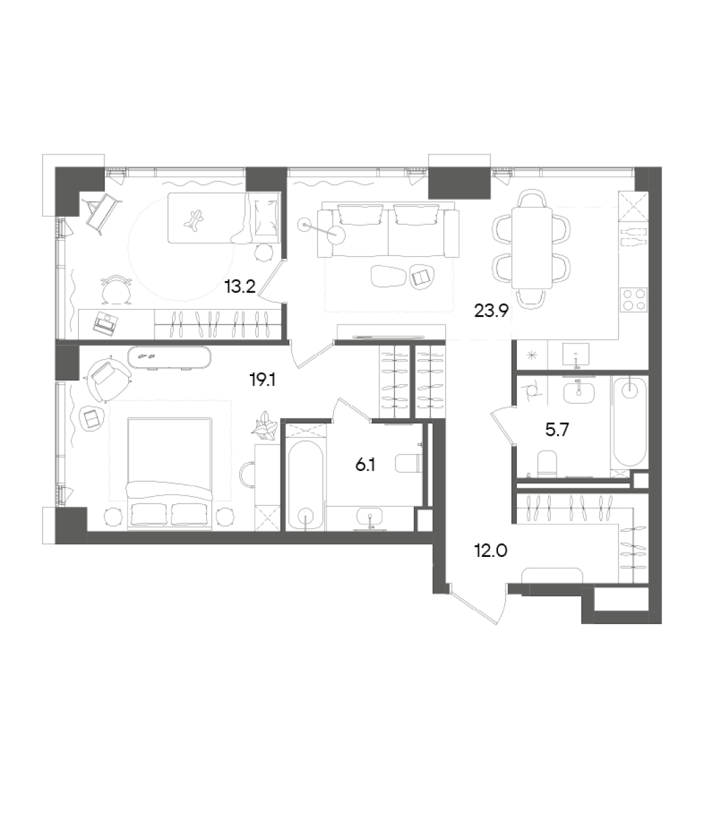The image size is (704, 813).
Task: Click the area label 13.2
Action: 239,287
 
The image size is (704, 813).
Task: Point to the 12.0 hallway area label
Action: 491,550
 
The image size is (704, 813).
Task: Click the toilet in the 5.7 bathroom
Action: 546,464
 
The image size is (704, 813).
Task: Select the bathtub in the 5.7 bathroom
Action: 630,421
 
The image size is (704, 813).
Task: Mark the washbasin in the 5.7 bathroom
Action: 578,390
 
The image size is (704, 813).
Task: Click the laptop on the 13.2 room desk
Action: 106,325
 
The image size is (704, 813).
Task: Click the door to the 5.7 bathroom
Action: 501,427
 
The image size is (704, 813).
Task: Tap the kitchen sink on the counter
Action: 576,353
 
